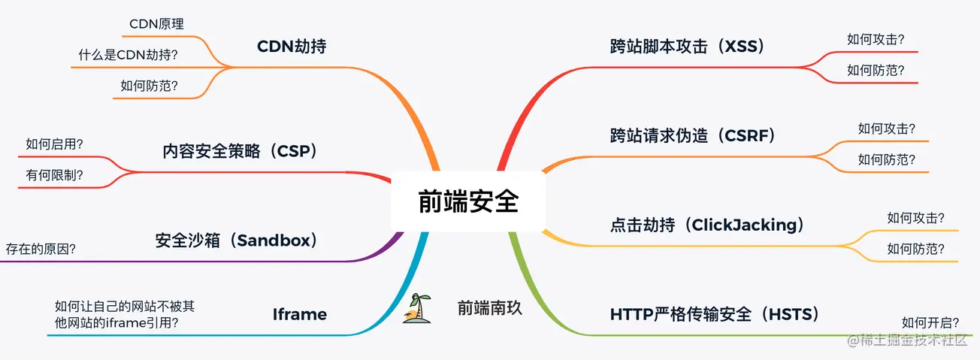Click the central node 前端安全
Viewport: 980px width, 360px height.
(468, 201)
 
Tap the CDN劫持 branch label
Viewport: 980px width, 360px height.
(292, 47)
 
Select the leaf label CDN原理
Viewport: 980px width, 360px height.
(156, 24)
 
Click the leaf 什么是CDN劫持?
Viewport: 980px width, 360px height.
(129, 55)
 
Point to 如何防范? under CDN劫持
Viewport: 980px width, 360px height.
(150, 86)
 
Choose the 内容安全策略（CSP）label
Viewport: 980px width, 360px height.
(240, 151)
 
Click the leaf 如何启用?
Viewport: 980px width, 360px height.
(54, 144)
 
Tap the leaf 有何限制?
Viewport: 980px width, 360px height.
(54, 175)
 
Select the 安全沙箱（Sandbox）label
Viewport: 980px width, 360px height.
(236, 241)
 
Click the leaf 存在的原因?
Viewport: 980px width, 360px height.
(41, 249)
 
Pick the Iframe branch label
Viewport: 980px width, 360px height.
(300, 314)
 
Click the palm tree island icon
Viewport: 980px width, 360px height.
(417, 308)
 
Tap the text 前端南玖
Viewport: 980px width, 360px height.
(489, 308)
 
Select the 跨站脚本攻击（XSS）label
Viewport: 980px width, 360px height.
(688, 47)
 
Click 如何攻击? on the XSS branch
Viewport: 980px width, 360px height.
(876, 39)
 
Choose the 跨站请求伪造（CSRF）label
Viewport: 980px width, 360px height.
(693, 135)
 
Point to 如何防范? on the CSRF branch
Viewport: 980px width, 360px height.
(886, 159)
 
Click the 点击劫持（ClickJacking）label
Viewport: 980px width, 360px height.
(707, 225)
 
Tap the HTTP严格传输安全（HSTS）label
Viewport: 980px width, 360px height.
(715, 314)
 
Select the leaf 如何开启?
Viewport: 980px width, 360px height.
(930, 323)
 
